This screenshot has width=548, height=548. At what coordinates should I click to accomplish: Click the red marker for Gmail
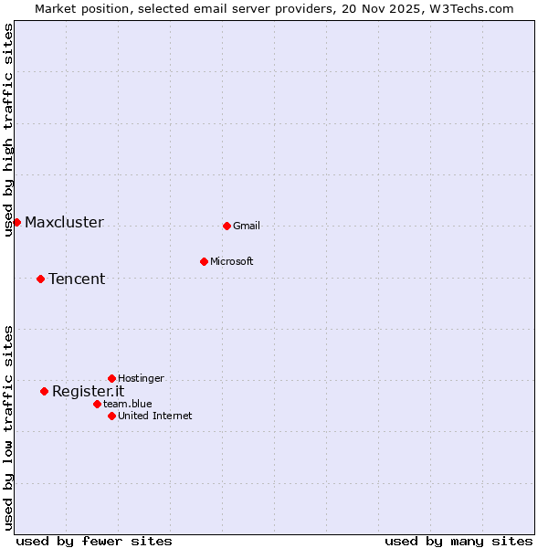point(227,226)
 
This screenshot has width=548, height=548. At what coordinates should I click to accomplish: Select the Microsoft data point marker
point(204,261)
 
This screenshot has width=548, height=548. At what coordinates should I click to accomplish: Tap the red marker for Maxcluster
point(16,222)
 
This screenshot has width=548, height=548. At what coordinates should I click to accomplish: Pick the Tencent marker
point(40,279)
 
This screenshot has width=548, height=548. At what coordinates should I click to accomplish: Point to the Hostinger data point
point(111,378)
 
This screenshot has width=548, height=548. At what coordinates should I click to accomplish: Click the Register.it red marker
point(44,391)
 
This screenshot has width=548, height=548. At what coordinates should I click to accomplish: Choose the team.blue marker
point(97,404)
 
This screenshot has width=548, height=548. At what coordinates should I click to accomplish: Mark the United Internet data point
point(111,416)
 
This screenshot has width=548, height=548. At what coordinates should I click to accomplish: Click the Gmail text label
point(247,226)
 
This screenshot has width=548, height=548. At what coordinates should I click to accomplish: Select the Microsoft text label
point(232,261)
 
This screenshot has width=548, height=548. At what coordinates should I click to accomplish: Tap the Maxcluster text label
point(64,222)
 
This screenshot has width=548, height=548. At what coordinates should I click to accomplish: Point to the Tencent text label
point(77,279)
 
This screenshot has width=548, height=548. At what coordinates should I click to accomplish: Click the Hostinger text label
point(142,378)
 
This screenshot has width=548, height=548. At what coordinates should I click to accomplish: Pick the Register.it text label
point(88,391)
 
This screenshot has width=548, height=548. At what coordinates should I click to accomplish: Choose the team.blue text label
point(128,404)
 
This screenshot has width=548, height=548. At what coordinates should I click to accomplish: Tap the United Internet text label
point(155,416)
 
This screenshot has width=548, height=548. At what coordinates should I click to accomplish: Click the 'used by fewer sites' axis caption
point(94,541)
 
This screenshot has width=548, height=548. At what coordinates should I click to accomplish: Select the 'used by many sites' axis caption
point(458,541)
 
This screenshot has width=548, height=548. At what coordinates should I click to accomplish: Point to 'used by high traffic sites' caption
point(8,130)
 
